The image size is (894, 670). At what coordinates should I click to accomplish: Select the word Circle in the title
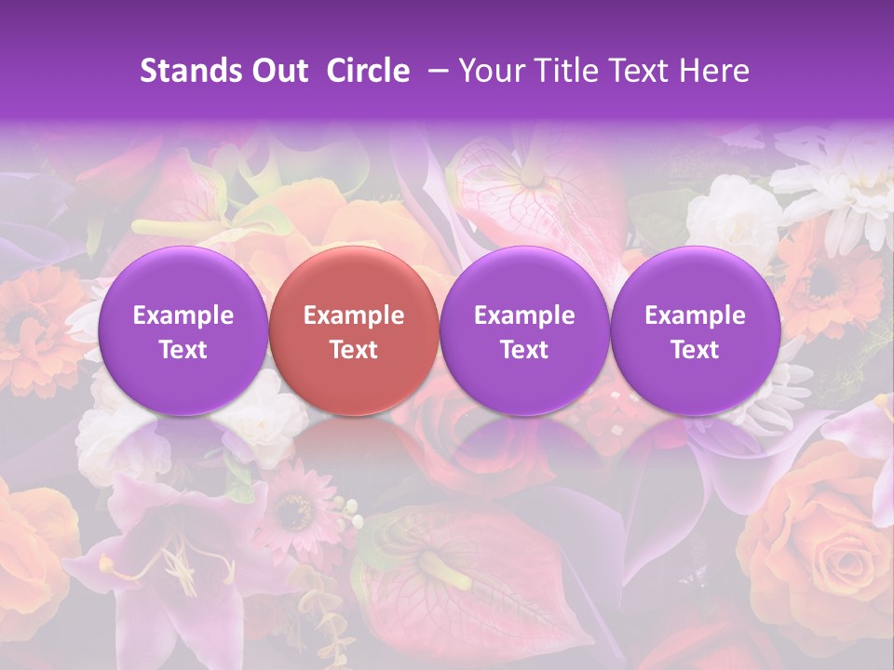[x=368, y=71]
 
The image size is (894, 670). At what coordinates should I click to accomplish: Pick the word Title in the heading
[x=569, y=71]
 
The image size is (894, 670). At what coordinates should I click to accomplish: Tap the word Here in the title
[x=716, y=71]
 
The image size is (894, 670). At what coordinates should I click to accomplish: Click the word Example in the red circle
[x=354, y=315]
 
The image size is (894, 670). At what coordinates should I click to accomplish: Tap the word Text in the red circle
[x=354, y=350]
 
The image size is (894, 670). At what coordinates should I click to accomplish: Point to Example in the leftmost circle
[x=183, y=315]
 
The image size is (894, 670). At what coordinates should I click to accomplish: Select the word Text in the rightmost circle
[x=696, y=350]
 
